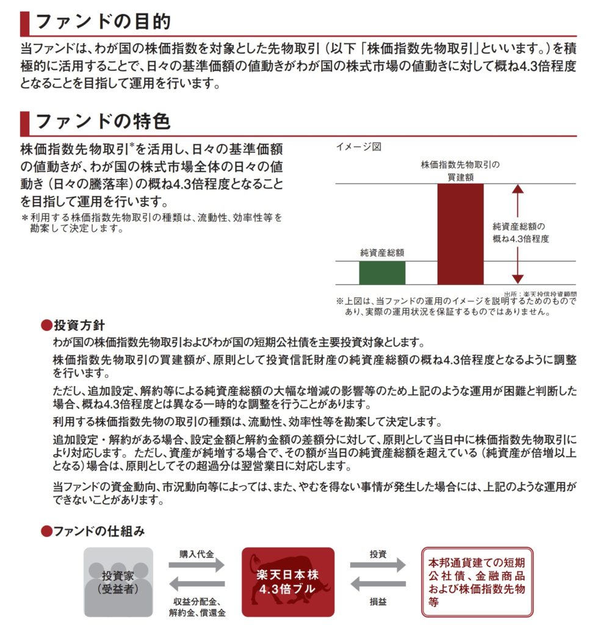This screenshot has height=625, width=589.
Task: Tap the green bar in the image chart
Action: [x=382, y=273]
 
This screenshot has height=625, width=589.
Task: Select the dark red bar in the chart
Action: [x=460, y=234]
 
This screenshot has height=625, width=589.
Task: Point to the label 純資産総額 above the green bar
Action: [x=382, y=252]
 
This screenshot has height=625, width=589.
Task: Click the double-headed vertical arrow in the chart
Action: [x=518, y=234]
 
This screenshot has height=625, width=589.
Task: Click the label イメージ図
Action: [x=358, y=146]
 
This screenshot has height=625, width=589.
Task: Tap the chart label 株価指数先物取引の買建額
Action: [x=460, y=170]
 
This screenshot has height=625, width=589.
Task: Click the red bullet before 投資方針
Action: [x=45, y=325]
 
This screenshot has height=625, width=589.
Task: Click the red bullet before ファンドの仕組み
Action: [x=45, y=531]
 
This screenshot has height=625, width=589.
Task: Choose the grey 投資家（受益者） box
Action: [x=118, y=582]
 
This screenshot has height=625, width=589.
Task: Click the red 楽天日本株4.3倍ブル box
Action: [x=287, y=582]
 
